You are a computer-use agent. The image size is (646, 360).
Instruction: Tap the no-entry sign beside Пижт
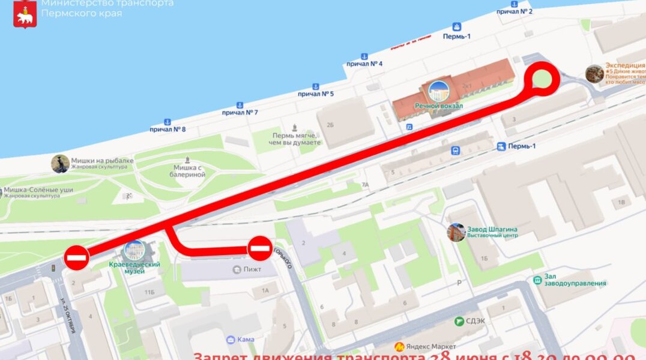pyautogui.click(x=260, y=248)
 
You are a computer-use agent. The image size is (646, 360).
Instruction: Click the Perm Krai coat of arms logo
pyautogui.click(x=25, y=13)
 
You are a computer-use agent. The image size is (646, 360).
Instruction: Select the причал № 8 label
pyautogui.click(x=168, y=129)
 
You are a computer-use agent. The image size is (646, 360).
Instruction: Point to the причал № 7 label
pyautogui.click(x=240, y=112)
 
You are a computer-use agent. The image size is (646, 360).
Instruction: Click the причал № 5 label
pyautogui.click(x=316, y=94)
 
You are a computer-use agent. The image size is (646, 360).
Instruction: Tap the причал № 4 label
pyautogui.click(x=364, y=64)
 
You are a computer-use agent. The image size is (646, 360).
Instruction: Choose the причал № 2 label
pyautogui.click(x=515, y=11)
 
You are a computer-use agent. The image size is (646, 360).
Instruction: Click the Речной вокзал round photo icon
pyautogui.click(x=439, y=91)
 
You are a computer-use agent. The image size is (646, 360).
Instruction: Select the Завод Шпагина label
pyautogui.click(x=492, y=229)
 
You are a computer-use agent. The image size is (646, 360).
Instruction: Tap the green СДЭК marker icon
pyautogui.click(x=460, y=322)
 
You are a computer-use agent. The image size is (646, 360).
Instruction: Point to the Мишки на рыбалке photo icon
pyautogui.click(x=60, y=163)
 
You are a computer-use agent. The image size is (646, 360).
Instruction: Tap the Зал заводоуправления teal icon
pyautogui.click(x=537, y=280)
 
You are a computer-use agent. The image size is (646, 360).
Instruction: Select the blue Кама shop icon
pyautogui.click(x=231, y=340)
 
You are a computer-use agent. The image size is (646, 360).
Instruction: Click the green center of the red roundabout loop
pyautogui.click(x=543, y=79)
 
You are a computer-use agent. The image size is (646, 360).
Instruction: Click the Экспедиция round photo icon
pyautogui.click(x=594, y=74)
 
